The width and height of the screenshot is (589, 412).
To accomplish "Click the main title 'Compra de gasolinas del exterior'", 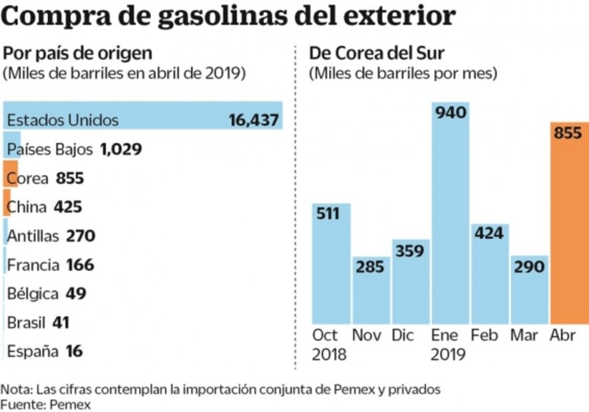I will coord(229,17).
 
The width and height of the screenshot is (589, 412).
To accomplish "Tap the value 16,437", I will coord(253,120).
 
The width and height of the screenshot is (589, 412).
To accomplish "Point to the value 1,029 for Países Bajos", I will coord(120,149).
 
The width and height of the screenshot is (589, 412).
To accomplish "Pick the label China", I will coord(27,207).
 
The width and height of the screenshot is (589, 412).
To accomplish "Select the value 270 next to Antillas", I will coord(81,236).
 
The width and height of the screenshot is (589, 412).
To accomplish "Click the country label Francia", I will coord(34,265).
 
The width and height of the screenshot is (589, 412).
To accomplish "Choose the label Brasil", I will coord(26,323).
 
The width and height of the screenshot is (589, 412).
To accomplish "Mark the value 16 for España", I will coord(75,352).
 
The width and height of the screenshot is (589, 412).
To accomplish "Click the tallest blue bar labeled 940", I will coord(451,213).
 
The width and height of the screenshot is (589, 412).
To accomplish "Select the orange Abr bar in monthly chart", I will coord(569,223).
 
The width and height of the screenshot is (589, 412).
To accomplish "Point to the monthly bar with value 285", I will coord(371,290).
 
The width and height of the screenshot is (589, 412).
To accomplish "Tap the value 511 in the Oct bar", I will coord(328,214).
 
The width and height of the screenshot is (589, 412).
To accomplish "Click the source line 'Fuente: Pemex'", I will coord(45,403).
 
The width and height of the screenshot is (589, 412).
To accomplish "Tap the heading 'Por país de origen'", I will coord(78,52).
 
